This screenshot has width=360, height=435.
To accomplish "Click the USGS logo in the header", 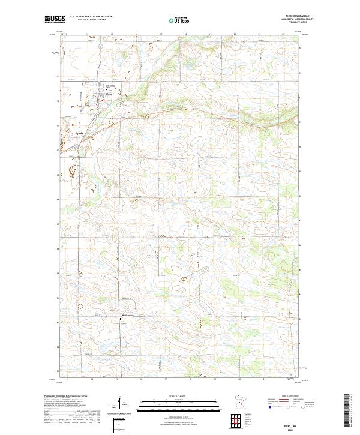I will point(54,20).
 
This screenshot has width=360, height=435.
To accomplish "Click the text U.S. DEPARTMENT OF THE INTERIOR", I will point(91,17).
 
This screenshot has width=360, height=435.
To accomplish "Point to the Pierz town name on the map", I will point(109,94).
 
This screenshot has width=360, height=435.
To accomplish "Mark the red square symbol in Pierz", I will point(101,100).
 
